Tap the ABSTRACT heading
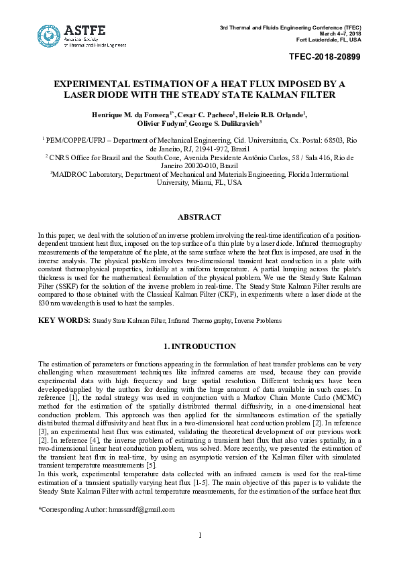point(199,218)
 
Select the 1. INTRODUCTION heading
point(199,346)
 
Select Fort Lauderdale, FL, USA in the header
point(329,40)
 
